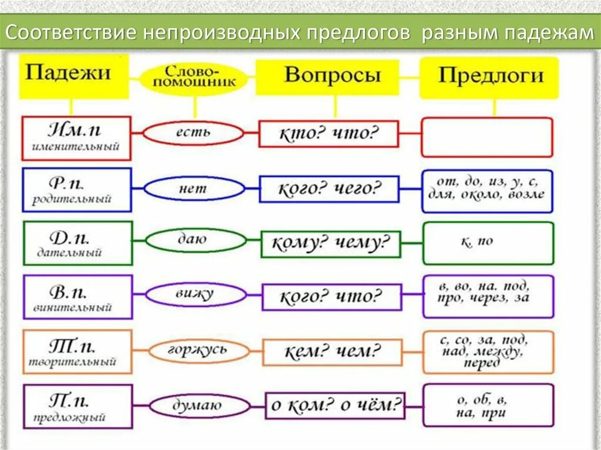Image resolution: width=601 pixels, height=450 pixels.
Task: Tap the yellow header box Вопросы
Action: [333, 76]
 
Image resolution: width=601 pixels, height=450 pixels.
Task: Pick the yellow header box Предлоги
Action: [491, 77]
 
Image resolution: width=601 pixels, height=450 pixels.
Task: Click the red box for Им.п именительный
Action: [76, 138]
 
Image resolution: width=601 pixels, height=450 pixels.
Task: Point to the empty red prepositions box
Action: [487, 137]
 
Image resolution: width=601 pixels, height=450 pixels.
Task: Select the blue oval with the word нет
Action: [194, 189]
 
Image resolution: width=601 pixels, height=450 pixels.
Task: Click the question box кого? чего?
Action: [329, 190]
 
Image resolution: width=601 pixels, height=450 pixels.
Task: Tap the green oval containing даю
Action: [196, 240]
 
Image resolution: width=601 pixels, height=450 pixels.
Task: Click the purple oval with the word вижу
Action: [196, 295]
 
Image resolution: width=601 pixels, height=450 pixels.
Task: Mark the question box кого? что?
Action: [332, 297]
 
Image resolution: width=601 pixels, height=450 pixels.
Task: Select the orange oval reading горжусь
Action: [196, 351]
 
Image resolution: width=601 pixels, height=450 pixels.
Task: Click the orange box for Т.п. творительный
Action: [77, 351]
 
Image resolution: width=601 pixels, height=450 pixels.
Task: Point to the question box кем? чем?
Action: [332, 352]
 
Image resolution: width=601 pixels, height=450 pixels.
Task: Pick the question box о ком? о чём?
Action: [336, 405]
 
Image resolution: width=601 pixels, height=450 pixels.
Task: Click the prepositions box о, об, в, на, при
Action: [488, 405]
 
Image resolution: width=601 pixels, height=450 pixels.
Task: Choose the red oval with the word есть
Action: [194, 133]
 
